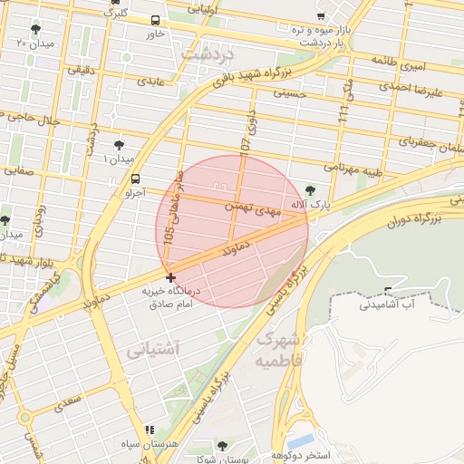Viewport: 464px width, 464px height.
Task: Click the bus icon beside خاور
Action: [x=156, y=20]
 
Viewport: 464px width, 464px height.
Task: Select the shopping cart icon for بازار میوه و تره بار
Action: [x=321, y=15]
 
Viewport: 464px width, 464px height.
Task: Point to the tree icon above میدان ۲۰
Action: [x=35, y=29]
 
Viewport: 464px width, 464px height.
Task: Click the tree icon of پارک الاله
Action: [x=312, y=190]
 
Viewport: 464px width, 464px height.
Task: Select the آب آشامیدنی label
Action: [x=386, y=304]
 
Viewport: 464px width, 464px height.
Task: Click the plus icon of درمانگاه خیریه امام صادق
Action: [x=170, y=276]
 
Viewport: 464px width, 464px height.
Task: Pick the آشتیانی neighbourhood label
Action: [x=154, y=348]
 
